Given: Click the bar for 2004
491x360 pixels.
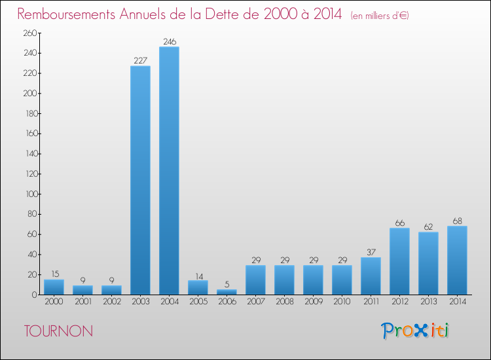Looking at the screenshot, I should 169,170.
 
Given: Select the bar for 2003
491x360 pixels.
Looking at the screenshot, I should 140,180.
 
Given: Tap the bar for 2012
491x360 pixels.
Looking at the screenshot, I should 399,261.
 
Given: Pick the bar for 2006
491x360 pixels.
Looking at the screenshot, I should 227,292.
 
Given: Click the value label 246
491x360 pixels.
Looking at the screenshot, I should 169,42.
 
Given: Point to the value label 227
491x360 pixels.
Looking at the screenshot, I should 140,61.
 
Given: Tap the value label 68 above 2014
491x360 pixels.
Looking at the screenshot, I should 457,221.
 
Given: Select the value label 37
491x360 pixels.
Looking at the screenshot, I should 371,253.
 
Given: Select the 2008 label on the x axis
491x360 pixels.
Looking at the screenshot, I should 284,302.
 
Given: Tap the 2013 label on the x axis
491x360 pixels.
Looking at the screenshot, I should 428,302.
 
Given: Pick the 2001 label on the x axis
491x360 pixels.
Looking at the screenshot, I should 82,302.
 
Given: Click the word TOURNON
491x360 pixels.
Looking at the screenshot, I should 58,331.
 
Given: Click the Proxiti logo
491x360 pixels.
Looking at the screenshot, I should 415,331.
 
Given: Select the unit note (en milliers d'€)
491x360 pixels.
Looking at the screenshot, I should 380,15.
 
